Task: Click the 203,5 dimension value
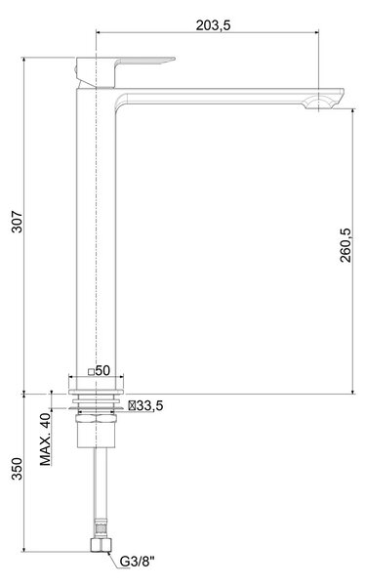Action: pos(214,25)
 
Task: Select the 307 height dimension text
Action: pos(18,222)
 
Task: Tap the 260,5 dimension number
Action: pos(345,245)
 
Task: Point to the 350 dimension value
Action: pos(18,469)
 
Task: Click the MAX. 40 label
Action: pos(46,439)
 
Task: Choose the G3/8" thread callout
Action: pos(137,561)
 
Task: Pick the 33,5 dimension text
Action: pos(149,405)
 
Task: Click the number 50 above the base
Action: pos(102,370)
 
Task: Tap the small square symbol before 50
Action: pos(91,372)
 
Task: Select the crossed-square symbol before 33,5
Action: pos(132,405)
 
